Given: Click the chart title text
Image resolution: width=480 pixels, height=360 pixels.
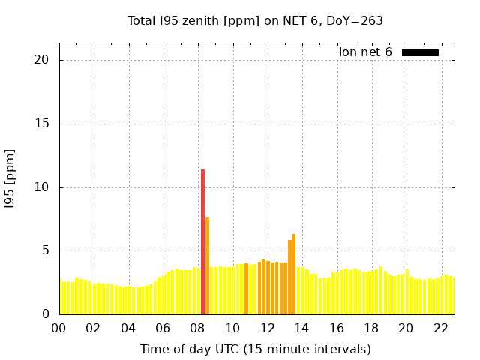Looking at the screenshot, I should pyautogui.click(x=255, y=21).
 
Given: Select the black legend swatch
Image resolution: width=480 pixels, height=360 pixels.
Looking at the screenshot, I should pyautogui.click(x=420, y=52).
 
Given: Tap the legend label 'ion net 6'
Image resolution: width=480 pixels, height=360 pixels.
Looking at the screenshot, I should pyautogui.click(x=365, y=52).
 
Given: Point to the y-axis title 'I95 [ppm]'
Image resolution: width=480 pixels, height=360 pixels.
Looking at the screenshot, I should pyautogui.click(x=10, y=178).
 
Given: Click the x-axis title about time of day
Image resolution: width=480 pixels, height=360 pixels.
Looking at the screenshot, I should pyautogui.click(x=255, y=349).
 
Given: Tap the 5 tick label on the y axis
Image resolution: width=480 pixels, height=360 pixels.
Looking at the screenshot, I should pyautogui.click(x=46, y=250).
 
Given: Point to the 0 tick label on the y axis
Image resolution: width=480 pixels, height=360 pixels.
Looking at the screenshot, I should pyautogui.click(x=46, y=314).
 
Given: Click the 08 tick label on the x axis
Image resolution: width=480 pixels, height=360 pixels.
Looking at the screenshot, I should pyautogui.click(x=197, y=328).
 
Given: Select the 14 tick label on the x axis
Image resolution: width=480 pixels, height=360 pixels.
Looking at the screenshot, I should pyautogui.click(x=301, y=328).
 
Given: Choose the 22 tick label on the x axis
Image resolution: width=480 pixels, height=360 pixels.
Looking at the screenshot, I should pyautogui.click(x=440, y=328).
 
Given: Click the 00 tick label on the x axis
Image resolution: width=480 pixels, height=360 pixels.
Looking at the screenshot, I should pyautogui.click(x=59, y=328).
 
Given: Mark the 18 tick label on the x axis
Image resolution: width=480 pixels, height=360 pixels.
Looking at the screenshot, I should pyautogui.click(x=370, y=328).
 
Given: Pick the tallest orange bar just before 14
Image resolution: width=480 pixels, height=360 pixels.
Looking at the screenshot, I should pyautogui.click(x=294, y=274).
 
